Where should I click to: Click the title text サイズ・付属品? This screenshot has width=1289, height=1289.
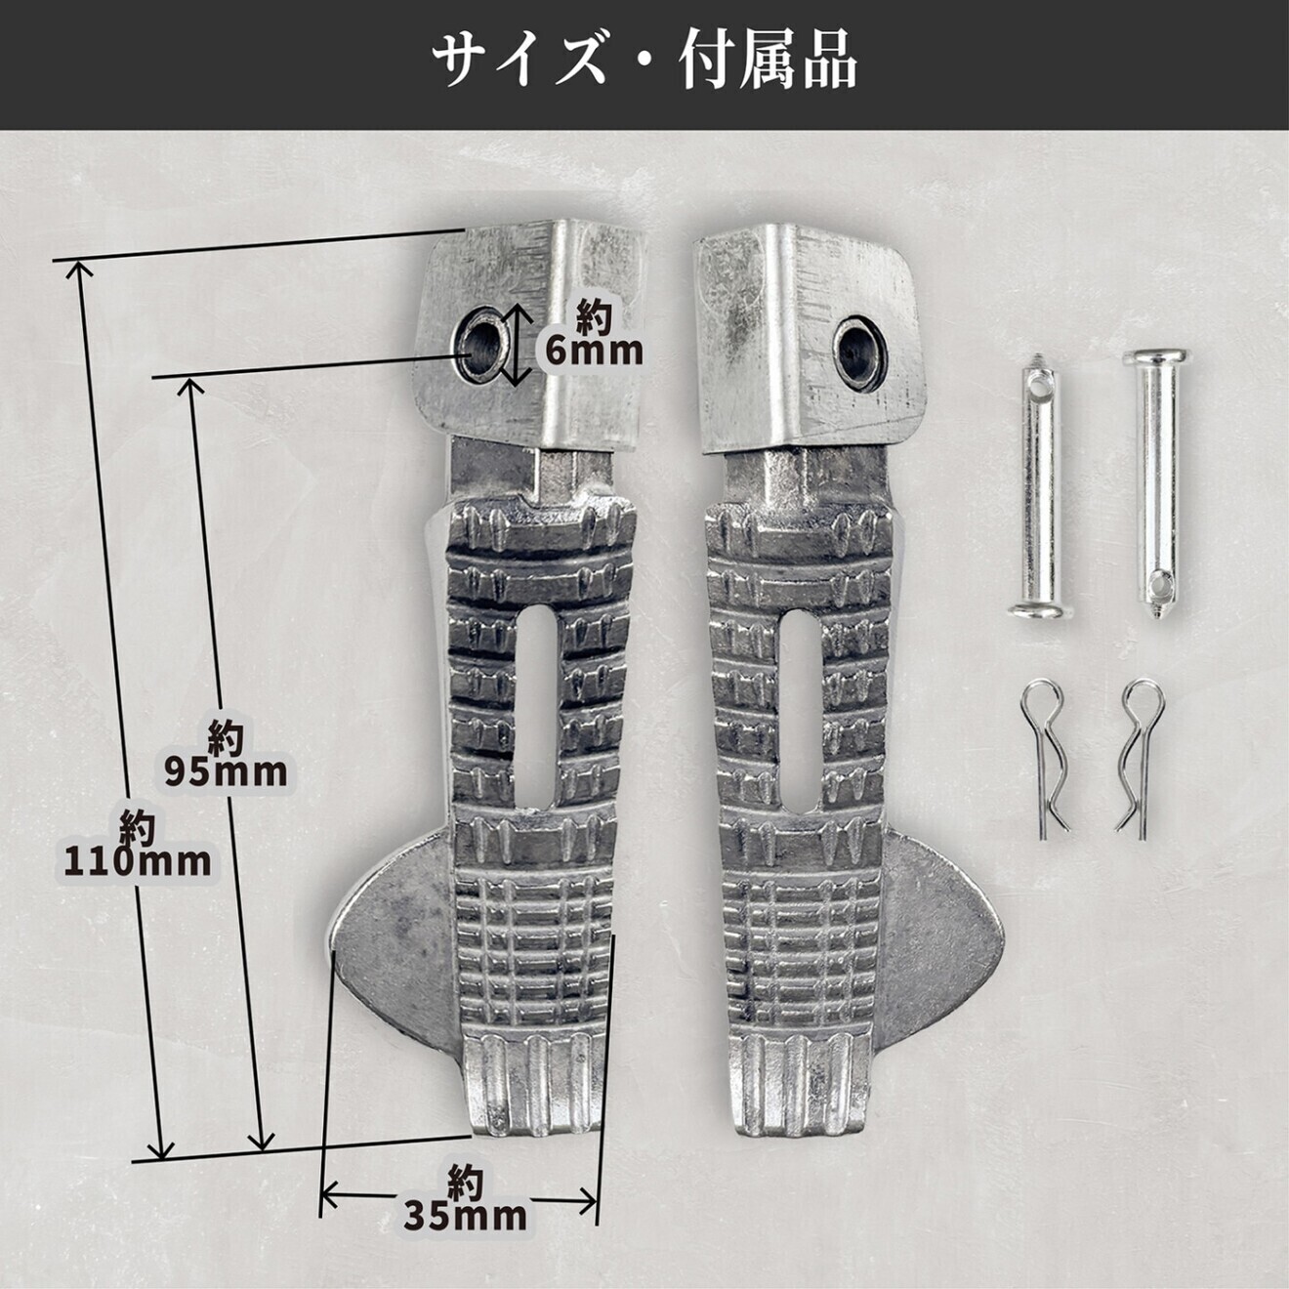click(644, 62)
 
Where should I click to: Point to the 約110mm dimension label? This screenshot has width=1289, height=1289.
click(138, 845)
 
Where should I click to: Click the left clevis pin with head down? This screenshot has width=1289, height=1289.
click(1041, 494)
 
